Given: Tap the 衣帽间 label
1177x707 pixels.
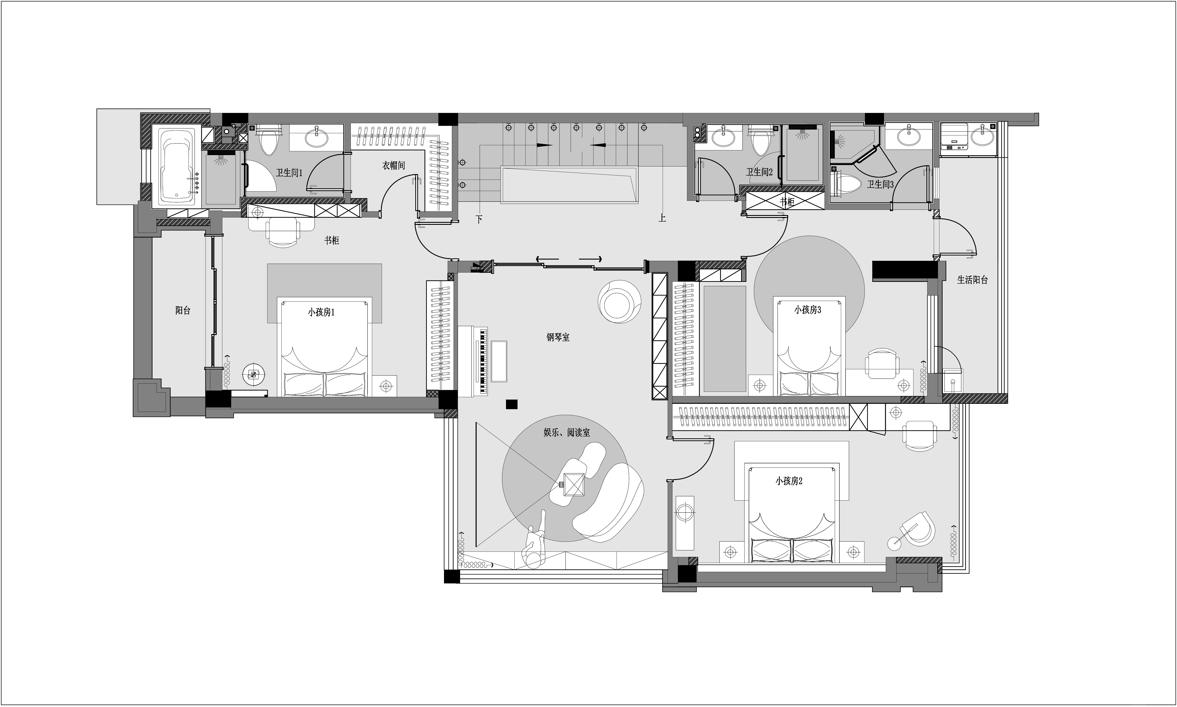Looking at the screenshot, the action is point(393,165).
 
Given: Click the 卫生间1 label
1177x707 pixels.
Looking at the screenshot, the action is point(289,172).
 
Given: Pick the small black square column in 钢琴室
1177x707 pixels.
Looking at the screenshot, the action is point(512,404).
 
